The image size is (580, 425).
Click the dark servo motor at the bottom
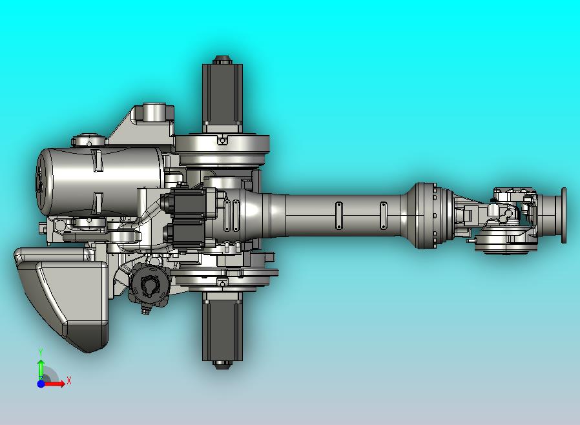point(222,326)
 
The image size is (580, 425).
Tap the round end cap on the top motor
point(222,60)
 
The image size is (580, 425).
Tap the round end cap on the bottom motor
point(222,364)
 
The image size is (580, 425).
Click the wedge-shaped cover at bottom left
point(65,297)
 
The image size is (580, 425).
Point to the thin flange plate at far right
point(564,216)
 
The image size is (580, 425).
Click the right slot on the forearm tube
point(383,215)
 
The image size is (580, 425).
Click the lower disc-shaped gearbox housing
point(222,276)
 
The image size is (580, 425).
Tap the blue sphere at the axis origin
point(41,384)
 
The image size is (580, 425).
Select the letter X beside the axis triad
point(68,380)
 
